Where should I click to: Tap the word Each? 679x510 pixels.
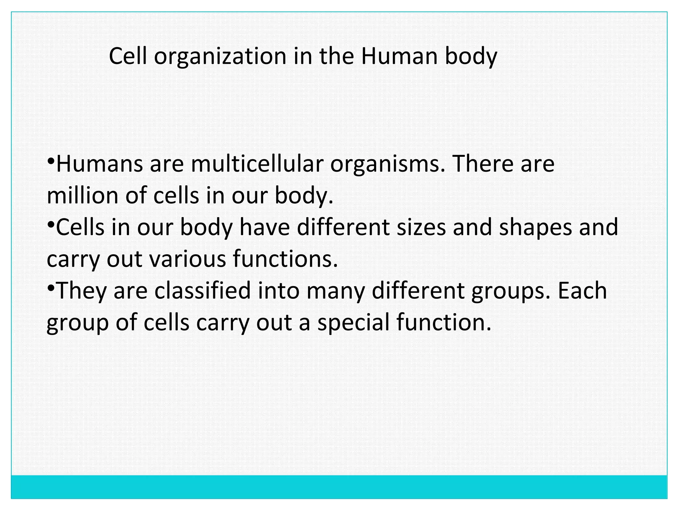(x=582, y=291)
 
